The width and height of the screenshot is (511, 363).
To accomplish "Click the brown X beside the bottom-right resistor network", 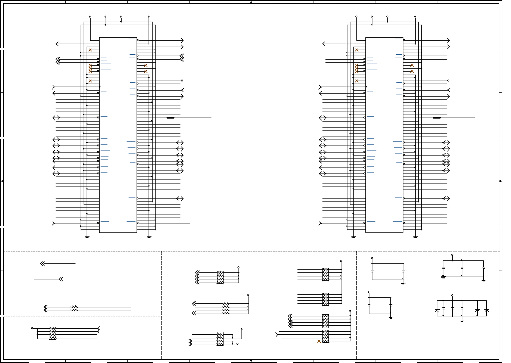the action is [x=319, y=341].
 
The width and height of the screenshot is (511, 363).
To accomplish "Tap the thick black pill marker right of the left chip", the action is [x=170, y=118].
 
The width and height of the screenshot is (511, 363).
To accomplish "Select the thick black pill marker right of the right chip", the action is [x=437, y=118].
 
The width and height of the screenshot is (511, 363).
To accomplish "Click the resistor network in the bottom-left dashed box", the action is [x=53, y=333].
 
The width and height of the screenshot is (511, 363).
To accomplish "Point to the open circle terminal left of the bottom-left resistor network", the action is [x=32, y=328].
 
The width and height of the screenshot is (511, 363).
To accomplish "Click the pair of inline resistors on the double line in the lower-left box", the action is [x=74, y=309].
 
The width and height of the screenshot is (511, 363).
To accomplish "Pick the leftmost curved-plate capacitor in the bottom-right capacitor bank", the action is [x=437, y=310].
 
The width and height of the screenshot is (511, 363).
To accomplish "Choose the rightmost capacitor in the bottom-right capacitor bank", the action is [x=487, y=310].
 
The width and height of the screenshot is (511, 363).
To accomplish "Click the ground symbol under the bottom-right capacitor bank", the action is [x=462, y=321].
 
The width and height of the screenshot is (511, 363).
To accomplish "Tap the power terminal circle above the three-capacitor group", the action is [x=452, y=255].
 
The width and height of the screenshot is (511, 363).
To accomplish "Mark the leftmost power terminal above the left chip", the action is [x=90, y=16].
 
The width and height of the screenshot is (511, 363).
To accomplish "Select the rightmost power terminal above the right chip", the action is [x=415, y=16].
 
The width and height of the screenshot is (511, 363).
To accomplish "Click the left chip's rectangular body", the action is [x=118, y=135].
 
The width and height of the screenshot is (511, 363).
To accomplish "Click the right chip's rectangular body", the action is [x=384, y=135].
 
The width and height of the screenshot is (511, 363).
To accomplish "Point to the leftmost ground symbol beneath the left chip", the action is [x=87, y=237].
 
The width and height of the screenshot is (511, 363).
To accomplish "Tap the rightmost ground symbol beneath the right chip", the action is [x=415, y=237].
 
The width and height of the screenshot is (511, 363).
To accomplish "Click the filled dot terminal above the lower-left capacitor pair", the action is [x=369, y=292].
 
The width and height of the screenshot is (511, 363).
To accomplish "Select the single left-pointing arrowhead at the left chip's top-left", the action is [x=57, y=44].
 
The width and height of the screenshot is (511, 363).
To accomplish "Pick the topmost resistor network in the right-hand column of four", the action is [x=325, y=274].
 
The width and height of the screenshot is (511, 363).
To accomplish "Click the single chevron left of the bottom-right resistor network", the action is [x=277, y=334].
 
